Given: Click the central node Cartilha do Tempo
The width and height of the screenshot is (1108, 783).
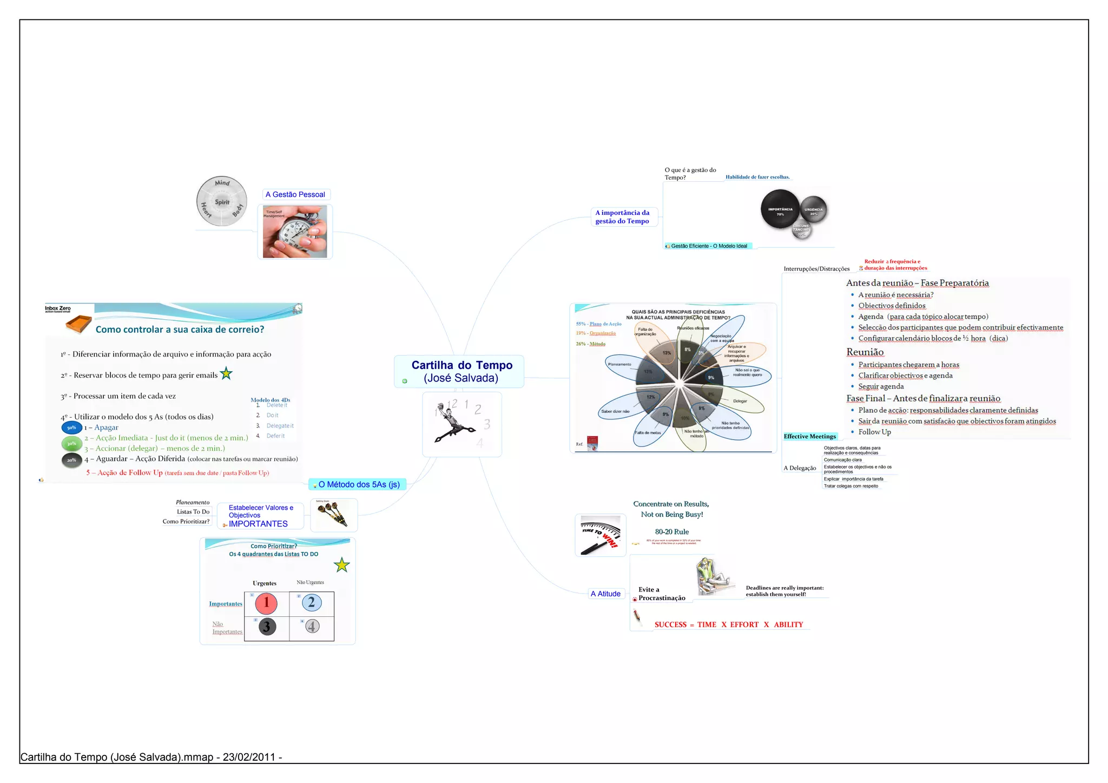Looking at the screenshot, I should click(x=461, y=371).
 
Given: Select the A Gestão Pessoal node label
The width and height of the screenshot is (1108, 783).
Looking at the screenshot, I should click(x=295, y=194).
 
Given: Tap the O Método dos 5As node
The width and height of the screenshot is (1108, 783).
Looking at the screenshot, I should click(x=359, y=484).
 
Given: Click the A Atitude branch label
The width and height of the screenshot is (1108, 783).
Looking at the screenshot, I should click(x=605, y=594).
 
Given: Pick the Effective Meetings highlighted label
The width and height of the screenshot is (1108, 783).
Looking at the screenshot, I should click(x=809, y=436).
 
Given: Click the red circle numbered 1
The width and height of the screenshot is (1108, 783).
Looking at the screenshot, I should click(x=266, y=603).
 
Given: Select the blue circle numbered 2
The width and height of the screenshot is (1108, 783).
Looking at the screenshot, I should click(x=312, y=602).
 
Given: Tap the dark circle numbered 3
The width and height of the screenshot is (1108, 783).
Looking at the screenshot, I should click(x=266, y=627).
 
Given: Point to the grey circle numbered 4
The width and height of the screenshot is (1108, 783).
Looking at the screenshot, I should click(x=312, y=626).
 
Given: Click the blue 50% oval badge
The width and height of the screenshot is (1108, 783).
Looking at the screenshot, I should click(x=71, y=427).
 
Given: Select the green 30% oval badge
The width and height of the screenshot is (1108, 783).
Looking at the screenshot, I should click(x=71, y=444).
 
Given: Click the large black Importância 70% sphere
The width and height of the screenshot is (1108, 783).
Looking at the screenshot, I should click(x=780, y=209).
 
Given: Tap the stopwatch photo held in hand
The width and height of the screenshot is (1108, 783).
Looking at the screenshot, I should click(x=295, y=232).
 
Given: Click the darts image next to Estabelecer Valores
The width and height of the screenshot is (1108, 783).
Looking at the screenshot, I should click(x=333, y=514).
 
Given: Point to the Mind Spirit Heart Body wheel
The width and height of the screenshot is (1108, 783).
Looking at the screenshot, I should click(x=222, y=201).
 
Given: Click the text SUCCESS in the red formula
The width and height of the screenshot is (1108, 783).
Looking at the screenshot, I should click(x=670, y=624).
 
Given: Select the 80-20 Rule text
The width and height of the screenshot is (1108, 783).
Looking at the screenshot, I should click(x=671, y=532).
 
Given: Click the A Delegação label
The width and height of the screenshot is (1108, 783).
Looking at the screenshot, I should click(x=800, y=468).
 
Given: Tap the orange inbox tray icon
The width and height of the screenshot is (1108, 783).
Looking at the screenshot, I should click(x=78, y=324).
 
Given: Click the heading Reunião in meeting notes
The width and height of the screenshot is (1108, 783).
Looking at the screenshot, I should click(x=865, y=352).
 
